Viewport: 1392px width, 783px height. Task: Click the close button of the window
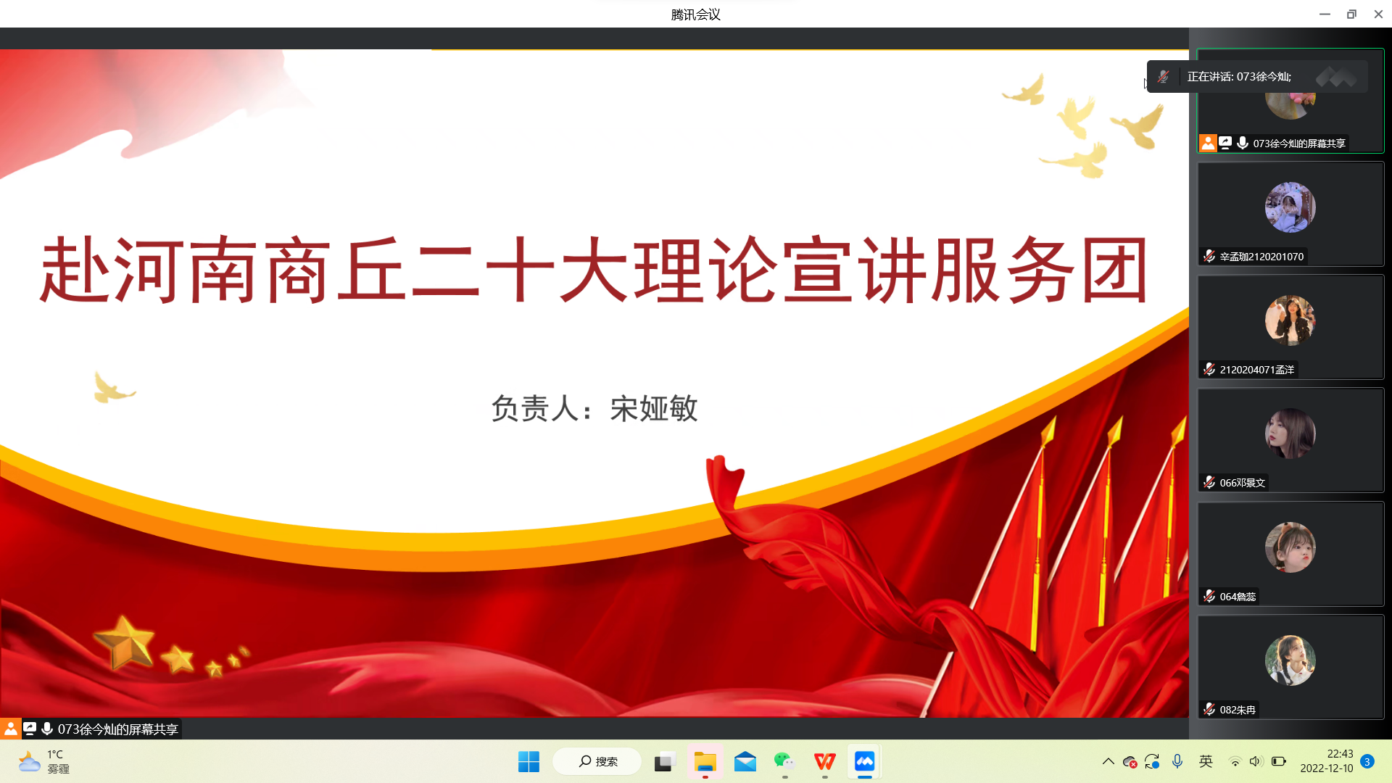(1378, 14)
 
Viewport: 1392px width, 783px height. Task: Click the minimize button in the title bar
(1325, 14)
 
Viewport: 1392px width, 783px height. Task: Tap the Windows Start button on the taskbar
(529, 761)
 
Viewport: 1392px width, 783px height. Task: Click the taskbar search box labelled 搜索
(597, 761)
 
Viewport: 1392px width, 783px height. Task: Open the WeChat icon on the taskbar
(784, 761)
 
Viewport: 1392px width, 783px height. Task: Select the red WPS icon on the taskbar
(824, 761)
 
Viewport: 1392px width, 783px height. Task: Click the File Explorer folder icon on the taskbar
(705, 761)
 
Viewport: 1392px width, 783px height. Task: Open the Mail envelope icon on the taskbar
(745, 761)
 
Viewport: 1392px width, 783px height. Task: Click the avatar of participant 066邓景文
(1290, 434)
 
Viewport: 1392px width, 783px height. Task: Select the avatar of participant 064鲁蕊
(1290, 547)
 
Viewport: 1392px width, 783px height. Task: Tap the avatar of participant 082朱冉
(1290, 660)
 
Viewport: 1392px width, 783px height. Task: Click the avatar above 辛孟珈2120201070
(1290, 207)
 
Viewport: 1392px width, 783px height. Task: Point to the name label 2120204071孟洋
(1256, 370)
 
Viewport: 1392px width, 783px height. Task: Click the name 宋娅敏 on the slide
(654, 408)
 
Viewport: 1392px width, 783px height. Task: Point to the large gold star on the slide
(125, 642)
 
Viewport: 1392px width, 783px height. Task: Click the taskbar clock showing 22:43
(1326, 761)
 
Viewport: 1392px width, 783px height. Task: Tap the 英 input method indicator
(1206, 761)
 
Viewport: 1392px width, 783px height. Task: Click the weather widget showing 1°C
(43, 761)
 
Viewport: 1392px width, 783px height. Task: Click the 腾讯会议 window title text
(695, 14)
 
